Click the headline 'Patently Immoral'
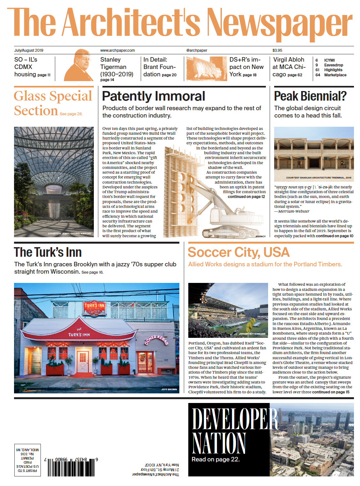pyautogui.click(x=154, y=96)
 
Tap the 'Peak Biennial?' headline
pyautogui.click(x=310, y=96)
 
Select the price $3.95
pyautogui.click(x=277, y=50)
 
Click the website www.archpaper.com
pyautogui.click(x=117, y=50)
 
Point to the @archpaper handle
pyautogui.click(x=197, y=50)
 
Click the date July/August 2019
pyautogui.click(x=29, y=50)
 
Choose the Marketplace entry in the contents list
pyautogui.click(x=335, y=75)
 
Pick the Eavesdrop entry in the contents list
pyautogui.click(x=334, y=65)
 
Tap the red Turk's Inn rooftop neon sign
pyautogui.click(x=94, y=308)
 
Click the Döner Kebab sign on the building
pyautogui.click(x=156, y=340)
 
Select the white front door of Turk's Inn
pyautogui.click(x=83, y=361)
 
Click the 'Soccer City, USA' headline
pyautogui.click(x=238, y=252)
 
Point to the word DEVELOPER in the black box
pyautogui.click(x=235, y=419)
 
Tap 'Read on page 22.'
pyautogui.click(x=215, y=459)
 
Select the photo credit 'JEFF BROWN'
pyautogui.click(x=169, y=389)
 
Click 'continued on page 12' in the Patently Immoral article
pyautogui.click(x=246, y=197)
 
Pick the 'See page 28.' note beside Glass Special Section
pyautogui.click(x=71, y=114)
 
